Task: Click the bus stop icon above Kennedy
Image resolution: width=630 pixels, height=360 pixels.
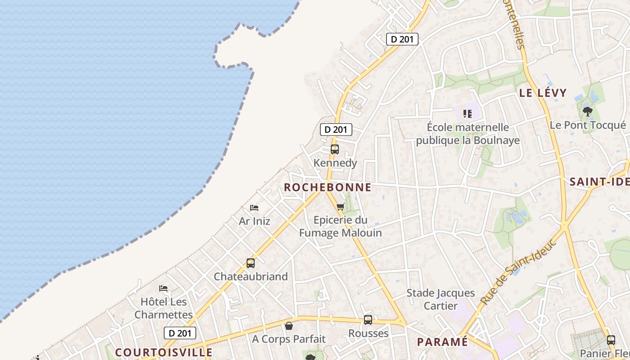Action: coord(334,149)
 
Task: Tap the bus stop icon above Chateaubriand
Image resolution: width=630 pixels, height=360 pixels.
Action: coord(251,263)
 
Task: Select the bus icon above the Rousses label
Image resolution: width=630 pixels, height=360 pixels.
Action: coord(368,320)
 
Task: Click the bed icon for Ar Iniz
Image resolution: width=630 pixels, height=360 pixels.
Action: coord(254,208)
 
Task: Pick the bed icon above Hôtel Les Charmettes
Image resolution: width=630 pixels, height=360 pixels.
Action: coord(163,288)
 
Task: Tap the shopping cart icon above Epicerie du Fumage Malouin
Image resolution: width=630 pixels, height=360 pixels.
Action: coord(341,207)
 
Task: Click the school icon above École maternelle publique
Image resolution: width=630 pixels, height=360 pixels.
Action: coord(468,114)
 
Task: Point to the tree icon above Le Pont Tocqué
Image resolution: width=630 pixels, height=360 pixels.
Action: coord(587,111)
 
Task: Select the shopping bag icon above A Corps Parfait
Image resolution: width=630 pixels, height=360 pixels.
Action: coord(289,326)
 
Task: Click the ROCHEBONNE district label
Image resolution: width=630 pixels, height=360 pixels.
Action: coord(328,187)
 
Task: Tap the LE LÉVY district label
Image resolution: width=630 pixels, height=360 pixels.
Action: coord(543,93)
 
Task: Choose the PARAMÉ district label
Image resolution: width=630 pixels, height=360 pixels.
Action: coord(442,342)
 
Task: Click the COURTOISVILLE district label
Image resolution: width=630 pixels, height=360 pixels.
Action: coord(163,352)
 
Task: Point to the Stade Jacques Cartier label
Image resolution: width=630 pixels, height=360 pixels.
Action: coord(441,299)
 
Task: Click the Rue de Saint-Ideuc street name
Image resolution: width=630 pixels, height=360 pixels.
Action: coord(518,273)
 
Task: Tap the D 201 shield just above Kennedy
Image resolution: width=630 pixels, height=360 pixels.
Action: coord(336,130)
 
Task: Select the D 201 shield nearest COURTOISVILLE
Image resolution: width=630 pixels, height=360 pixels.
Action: coord(180,333)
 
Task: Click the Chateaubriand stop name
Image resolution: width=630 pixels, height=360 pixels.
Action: coord(251,276)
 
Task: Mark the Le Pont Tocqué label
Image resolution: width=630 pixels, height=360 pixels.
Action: coord(587,125)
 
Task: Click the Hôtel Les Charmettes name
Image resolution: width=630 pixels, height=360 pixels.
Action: coord(163,308)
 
